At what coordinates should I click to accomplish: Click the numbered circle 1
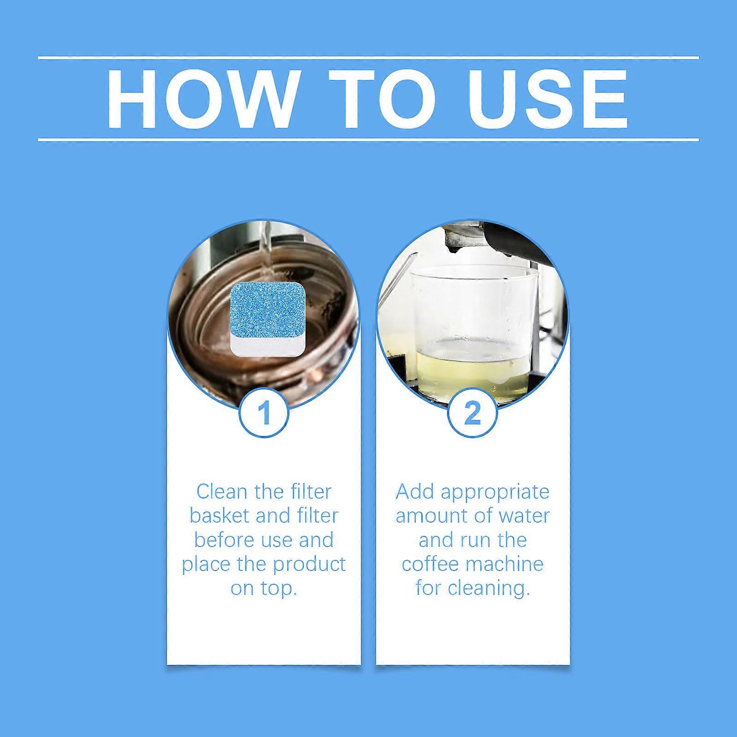(264, 413)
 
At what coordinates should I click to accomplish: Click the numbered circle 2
(473, 413)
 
